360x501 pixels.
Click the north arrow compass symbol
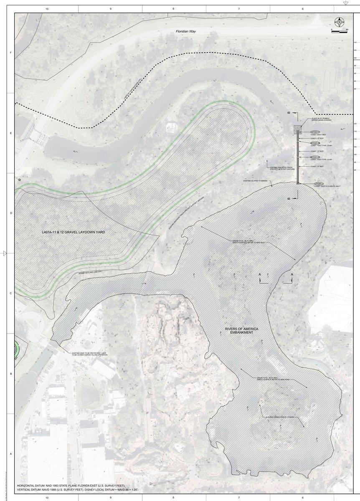(x=340, y=22)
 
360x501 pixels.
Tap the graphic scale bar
(x=339, y=31)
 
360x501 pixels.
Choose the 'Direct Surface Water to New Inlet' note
(x=248, y=242)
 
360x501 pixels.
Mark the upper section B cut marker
(x=289, y=113)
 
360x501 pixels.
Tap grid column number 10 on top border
(x=47, y=8)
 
